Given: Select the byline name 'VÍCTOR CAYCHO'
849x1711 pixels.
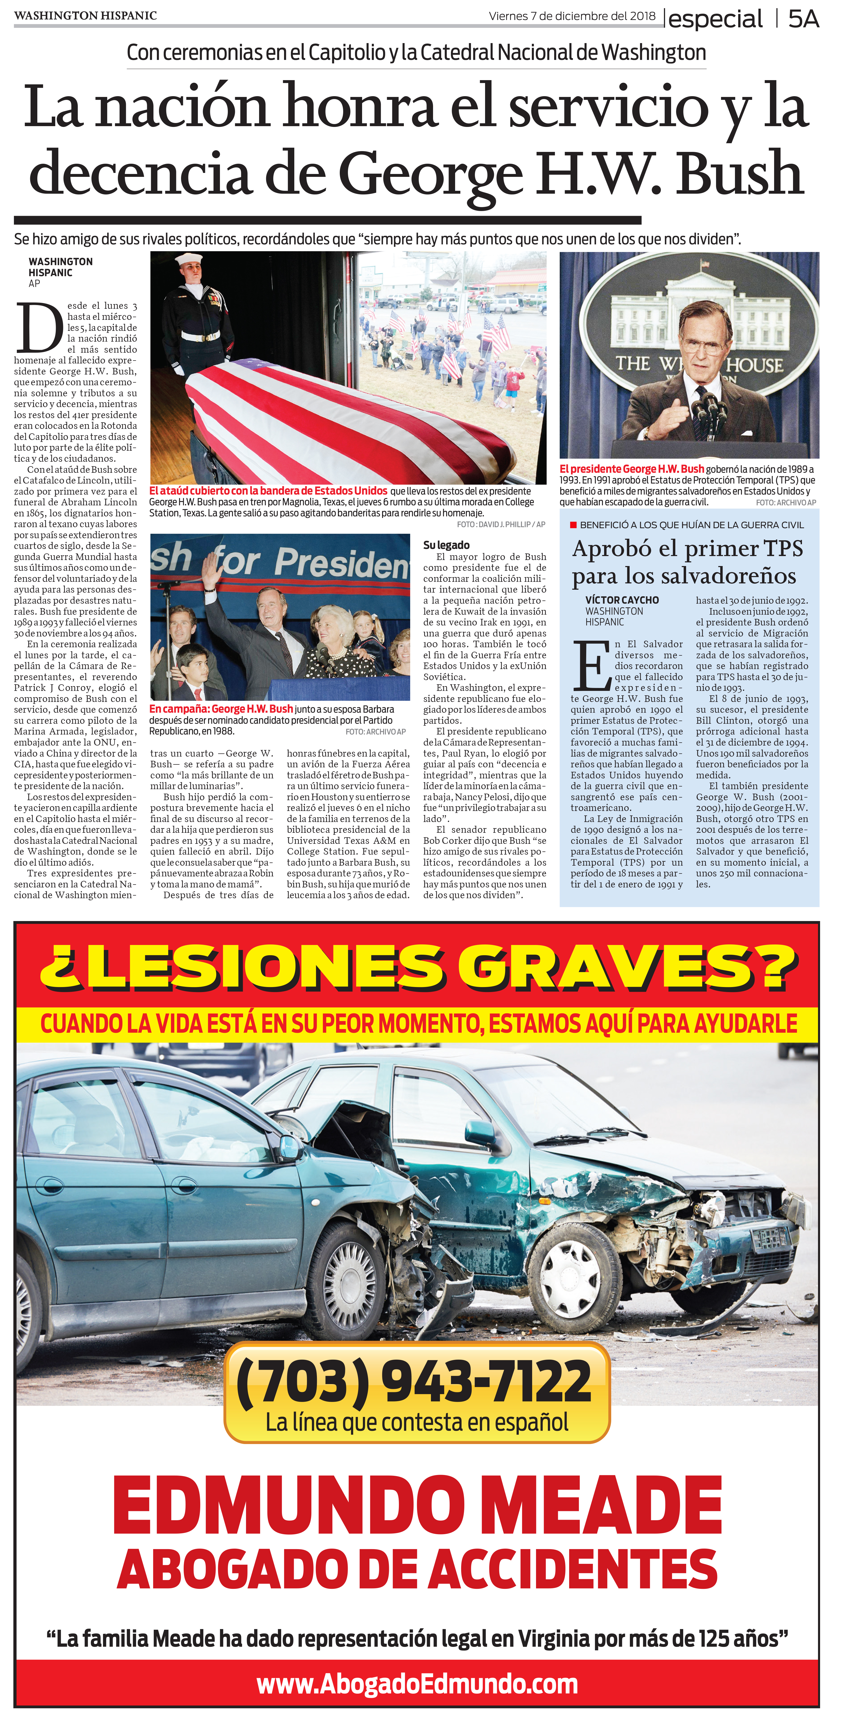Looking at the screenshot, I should [622, 600].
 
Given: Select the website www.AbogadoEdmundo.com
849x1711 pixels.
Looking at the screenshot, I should [417, 1684].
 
